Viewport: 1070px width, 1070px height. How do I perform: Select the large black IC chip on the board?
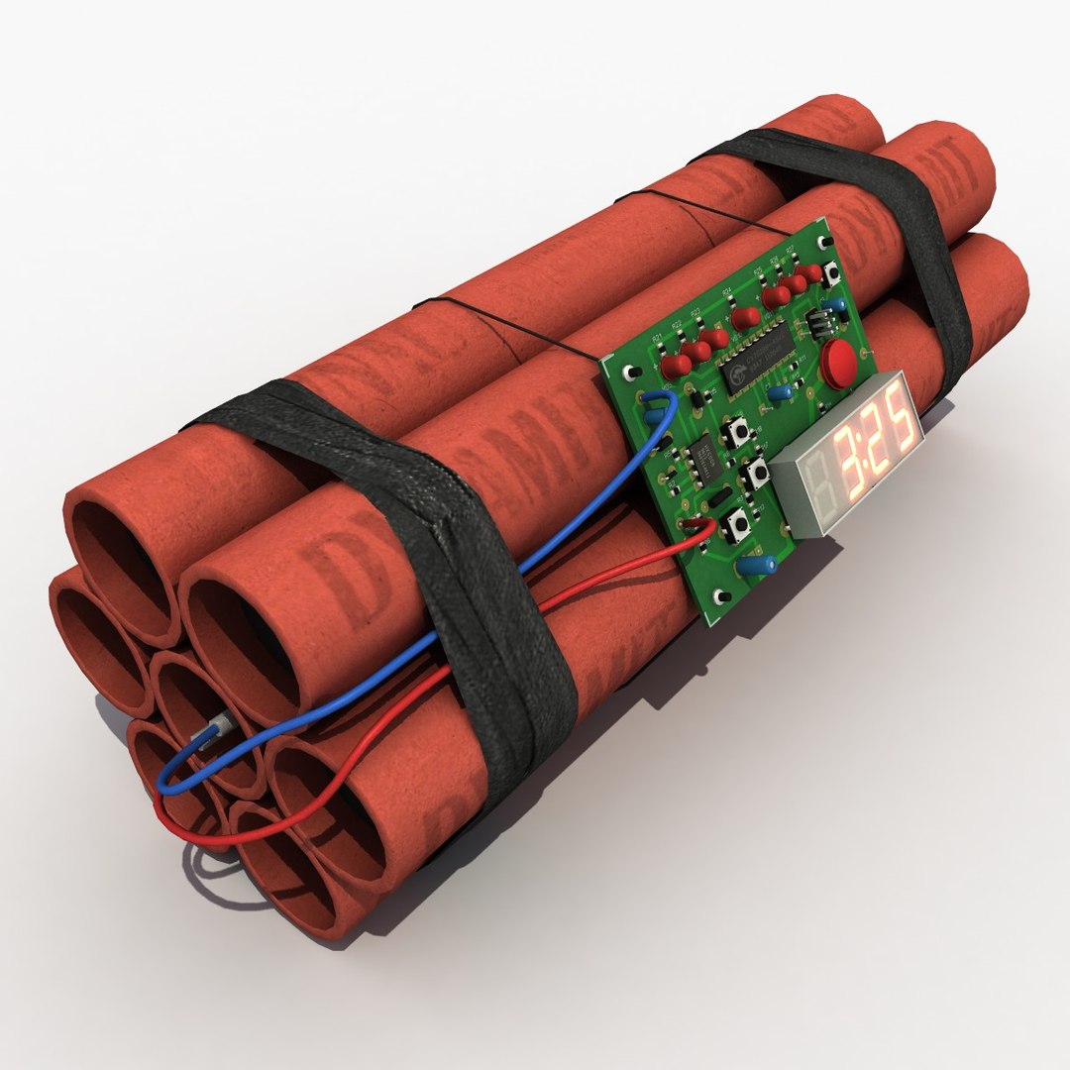pos(758,367)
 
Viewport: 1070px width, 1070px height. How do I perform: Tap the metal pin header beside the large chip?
pos(819,324)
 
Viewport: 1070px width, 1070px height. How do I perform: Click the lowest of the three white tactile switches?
pos(737,524)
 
